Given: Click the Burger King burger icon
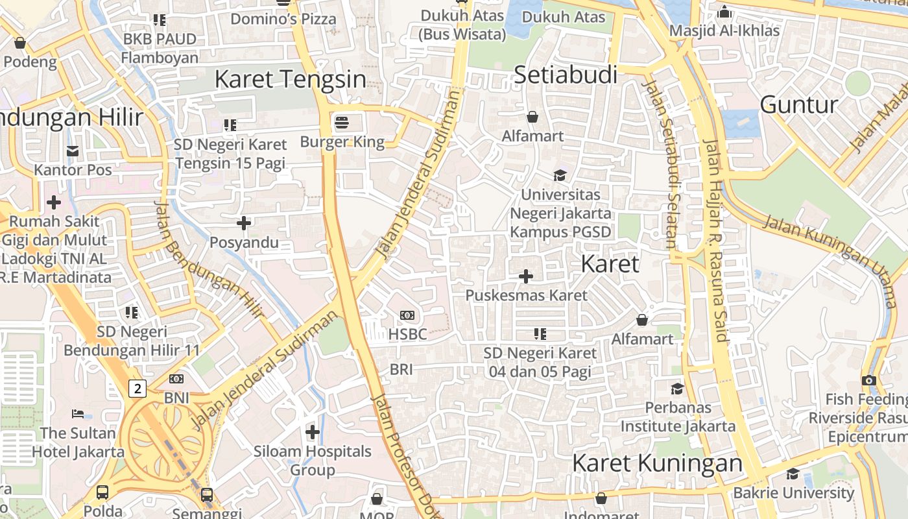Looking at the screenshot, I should point(342,122).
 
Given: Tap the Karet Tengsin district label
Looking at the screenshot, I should point(290,79).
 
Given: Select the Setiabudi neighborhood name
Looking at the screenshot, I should point(565,75).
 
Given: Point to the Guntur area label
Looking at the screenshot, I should point(798,104).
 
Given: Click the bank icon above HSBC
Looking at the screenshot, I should point(407,315).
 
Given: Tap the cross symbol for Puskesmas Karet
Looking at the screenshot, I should point(526,277).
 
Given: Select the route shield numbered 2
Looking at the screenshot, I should point(137,389).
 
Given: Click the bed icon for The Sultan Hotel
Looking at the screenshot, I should point(78,413).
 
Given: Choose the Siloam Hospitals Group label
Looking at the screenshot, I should point(312,460).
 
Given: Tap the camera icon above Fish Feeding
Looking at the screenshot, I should point(869,380).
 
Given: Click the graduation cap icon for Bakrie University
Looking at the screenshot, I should point(793,474).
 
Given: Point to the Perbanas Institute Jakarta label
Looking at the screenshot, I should point(678,416).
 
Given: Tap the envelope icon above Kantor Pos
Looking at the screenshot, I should point(73,151).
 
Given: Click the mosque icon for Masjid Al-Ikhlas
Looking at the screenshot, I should point(724,12).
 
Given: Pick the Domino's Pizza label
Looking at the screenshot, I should point(283,19).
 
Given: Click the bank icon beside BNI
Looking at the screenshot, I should point(176,379).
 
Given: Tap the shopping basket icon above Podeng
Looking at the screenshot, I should point(20,43).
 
